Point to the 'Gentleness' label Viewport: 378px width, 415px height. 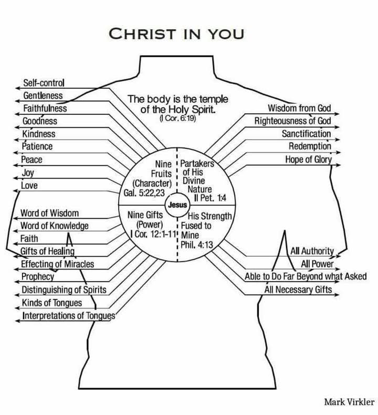coord(44,96)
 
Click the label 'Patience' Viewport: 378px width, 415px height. coord(37,146)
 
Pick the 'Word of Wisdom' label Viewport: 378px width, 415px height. coord(50,214)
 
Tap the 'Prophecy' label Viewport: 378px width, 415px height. coord(38,276)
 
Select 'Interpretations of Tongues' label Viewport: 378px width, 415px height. coord(68,316)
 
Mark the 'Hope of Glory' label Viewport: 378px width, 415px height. coord(309,159)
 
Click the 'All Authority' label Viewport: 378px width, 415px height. coord(312,251)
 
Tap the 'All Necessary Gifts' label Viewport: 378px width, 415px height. coord(302,289)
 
